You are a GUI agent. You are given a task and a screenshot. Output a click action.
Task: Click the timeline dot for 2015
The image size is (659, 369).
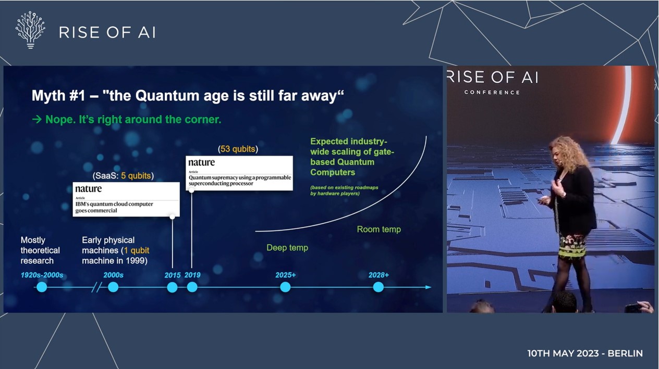[x=172, y=287]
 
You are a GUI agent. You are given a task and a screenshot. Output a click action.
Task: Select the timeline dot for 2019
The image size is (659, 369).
[x=192, y=287]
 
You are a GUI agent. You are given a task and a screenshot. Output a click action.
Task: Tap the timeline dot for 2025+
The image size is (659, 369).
[x=285, y=287]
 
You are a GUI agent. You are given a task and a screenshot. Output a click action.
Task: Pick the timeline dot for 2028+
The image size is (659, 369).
[x=379, y=287]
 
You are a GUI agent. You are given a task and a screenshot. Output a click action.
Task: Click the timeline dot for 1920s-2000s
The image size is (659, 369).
[x=42, y=287]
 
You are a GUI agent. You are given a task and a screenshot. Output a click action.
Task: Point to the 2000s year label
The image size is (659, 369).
[x=113, y=275]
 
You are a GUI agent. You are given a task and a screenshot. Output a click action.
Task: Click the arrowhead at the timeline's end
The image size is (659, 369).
[x=429, y=287]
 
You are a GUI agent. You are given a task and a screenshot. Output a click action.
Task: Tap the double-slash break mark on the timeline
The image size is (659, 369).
[x=97, y=287]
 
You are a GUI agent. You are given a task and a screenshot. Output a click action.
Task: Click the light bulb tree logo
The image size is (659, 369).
[x=30, y=30]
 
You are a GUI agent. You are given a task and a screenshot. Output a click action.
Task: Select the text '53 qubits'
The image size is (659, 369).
[x=238, y=149]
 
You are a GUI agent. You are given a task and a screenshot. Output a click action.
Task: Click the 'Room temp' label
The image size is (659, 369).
[x=379, y=229]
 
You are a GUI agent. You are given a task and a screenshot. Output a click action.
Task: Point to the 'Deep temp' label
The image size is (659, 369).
[x=287, y=248]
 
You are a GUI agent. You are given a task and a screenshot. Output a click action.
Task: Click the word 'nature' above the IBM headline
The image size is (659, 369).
[x=88, y=188]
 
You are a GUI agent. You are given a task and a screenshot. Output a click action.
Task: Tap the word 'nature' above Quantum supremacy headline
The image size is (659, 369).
[x=202, y=162]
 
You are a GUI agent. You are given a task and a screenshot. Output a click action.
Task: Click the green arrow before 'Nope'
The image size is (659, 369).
[x=37, y=119]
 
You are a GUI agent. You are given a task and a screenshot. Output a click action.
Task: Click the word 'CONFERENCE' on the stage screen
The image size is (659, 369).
[x=492, y=93]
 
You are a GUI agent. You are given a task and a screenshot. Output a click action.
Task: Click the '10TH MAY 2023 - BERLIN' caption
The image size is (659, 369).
[x=585, y=353]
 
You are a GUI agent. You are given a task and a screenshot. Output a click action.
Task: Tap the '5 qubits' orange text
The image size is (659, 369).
[x=136, y=176]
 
